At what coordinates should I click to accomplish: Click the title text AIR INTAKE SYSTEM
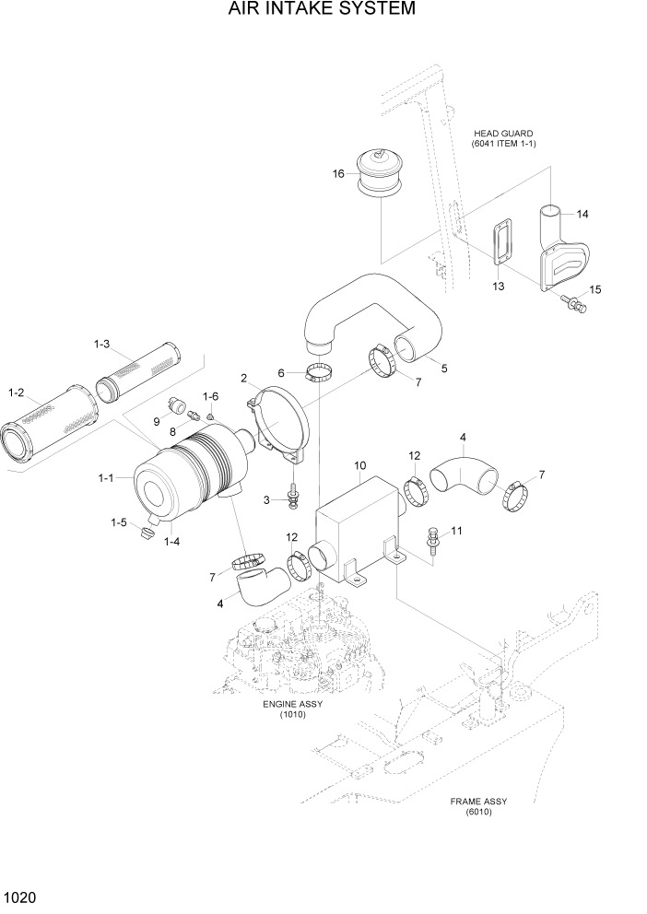click(x=323, y=10)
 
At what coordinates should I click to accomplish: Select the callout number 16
click(x=338, y=173)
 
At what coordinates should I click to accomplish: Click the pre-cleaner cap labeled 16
click(x=381, y=172)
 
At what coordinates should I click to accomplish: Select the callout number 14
click(x=582, y=214)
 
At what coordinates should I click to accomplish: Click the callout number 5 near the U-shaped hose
click(x=444, y=369)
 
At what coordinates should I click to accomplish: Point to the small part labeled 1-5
click(x=146, y=533)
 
